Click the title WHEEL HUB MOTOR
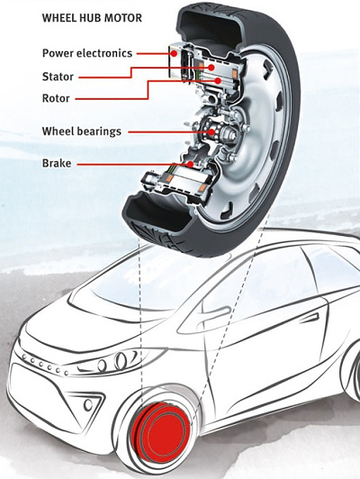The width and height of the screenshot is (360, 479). (x=92, y=18)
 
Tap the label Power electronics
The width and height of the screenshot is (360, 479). (x=87, y=53)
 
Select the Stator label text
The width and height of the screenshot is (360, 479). (x=58, y=77)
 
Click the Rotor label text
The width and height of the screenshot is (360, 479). (x=56, y=98)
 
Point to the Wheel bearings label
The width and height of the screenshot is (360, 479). (x=82, y=131)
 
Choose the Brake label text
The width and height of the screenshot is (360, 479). (x=57, y=163)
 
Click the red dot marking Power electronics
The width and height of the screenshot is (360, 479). (x=174, y=53)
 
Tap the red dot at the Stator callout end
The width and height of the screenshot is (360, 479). (x=211, y=68)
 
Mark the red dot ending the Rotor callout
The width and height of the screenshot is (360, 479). (x=218, y=81)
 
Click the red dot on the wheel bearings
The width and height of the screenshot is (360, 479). (x=211, y=132)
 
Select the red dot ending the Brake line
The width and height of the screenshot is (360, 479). (x=190, y=165)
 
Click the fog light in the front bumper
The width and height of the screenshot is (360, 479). (x=88, y=405)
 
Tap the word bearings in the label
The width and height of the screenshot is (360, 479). (x=100, y=131)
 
